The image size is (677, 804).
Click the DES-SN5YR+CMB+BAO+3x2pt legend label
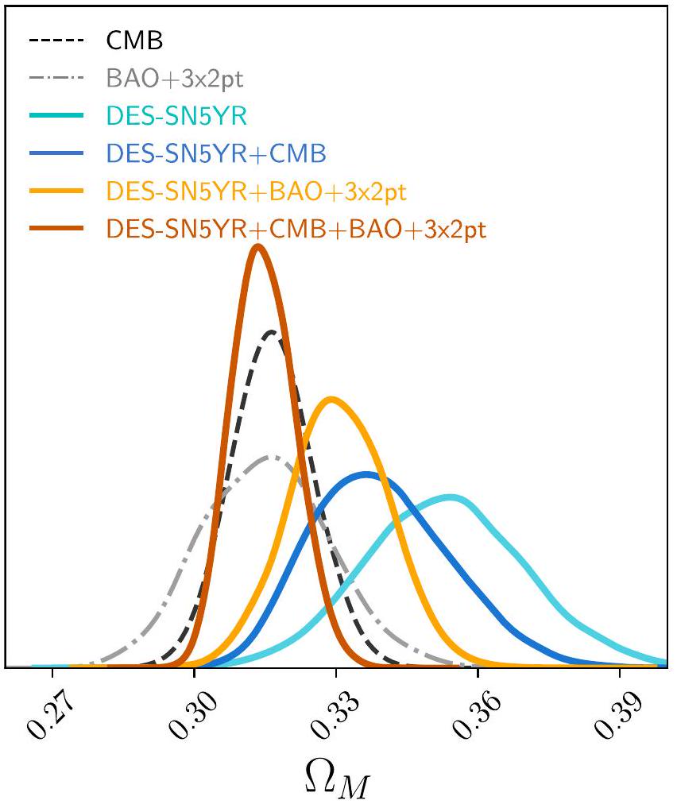click(x=296, y=230)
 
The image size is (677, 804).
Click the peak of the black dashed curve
click(x=273, y=331)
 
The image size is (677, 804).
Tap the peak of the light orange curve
click(x=331, y=398)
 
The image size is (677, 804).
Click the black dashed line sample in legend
click(x=56, y=39)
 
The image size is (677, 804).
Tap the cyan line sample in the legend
click(x=56, y=116)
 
